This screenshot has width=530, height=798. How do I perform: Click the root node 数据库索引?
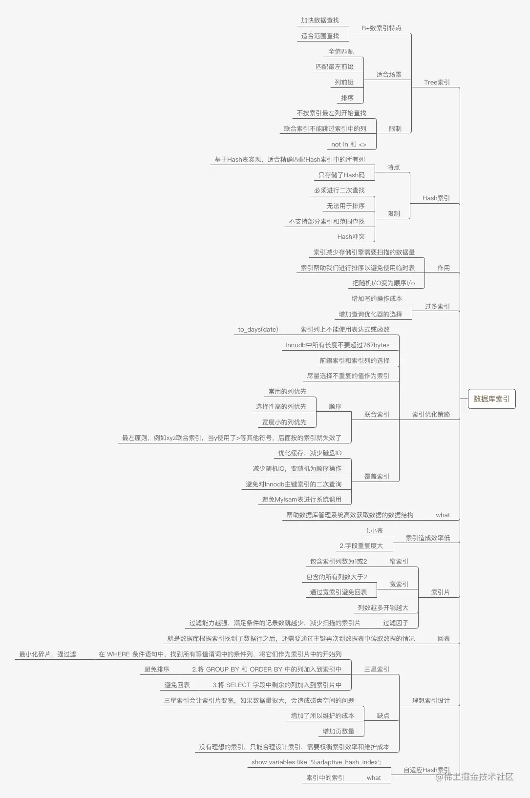click(491, 399)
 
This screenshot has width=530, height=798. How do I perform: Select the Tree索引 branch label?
click(437, 83)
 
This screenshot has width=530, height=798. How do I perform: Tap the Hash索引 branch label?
click(436, 198)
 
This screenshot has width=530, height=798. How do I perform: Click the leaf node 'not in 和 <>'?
click(349, 144)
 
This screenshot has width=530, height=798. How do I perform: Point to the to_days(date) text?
click(258, 330)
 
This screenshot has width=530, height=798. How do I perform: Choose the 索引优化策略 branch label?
click(431, 414)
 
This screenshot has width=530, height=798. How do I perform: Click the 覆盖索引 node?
click(377, 476)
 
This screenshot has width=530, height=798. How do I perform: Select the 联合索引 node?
click(377, 414)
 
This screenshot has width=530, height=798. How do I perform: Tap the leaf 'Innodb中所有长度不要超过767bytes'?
click(338, 345)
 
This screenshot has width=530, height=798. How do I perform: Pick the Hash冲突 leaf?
click(351, 236)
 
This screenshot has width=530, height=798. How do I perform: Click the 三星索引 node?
click(377, 670)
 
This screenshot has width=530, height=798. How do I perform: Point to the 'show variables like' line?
click(316, 762)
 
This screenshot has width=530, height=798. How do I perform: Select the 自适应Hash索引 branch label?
click(427, 770)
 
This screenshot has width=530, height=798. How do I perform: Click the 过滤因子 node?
click(396, 623)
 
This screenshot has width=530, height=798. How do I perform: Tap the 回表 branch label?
click(444, 638)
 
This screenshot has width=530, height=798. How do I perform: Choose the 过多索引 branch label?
click(437, 306)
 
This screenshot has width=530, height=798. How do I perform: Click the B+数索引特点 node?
click(382, 28)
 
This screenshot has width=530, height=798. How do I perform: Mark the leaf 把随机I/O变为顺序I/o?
click(383, 283)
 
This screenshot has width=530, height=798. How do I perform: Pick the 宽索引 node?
click(399, 584)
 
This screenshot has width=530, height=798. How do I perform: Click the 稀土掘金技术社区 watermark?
click(474, 777)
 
